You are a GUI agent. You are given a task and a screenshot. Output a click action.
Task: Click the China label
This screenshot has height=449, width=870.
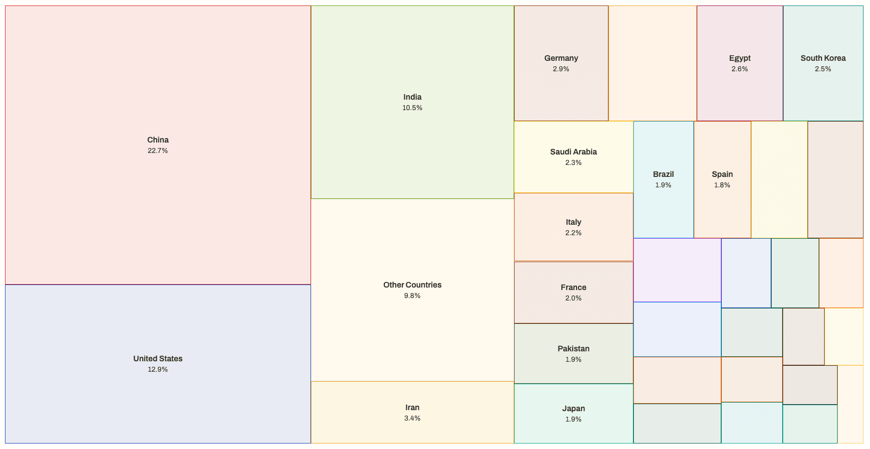coord(158,140)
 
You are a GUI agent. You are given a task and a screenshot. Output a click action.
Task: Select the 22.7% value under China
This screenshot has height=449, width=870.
coord(158,150)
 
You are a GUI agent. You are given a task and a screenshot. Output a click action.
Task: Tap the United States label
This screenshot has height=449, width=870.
coord(158,359)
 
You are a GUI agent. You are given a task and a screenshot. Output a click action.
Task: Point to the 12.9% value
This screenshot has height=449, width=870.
coord(158,369)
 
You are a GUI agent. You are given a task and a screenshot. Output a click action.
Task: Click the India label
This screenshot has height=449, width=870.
coord(412,97)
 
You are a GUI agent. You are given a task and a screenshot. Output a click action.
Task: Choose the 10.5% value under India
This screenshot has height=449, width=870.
coord(412,108)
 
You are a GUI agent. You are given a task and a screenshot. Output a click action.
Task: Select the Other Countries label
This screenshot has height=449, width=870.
coord(412,285)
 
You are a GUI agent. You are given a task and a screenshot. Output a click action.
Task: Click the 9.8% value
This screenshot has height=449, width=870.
coord(412,296)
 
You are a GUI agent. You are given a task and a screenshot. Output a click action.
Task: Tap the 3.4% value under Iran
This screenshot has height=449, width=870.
coord(412,418)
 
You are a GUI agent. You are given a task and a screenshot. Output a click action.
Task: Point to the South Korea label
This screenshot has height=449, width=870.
coord(823,58)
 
